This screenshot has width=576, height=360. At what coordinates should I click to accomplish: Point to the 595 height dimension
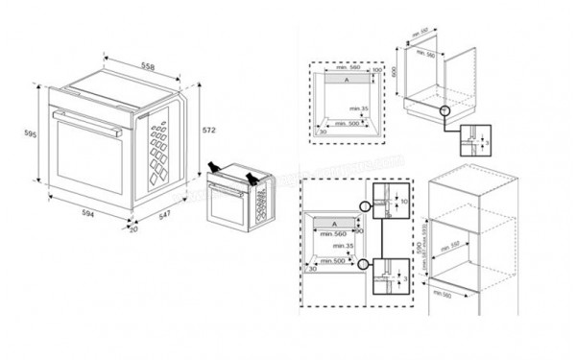coord(31,135)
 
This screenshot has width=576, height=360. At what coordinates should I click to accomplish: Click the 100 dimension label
coord(377,70)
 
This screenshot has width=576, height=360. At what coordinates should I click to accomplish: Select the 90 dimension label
coord(360,230)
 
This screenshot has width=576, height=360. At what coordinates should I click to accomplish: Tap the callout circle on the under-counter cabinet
coord(444,112)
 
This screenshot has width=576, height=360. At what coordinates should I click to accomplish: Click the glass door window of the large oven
coord(86,163)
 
